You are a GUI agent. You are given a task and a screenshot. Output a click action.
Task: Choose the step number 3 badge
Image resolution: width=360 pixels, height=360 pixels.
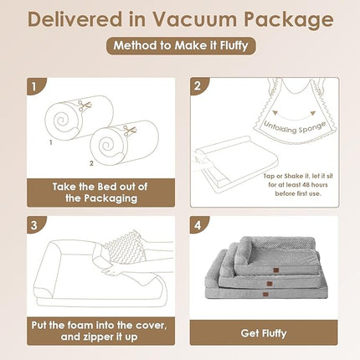click(x=33, y=225)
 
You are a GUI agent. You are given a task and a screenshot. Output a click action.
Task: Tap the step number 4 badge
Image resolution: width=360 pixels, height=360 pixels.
click(x=196, y=225)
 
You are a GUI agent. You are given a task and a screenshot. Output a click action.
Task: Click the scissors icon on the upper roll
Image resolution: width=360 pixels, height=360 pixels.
click(x=85, y=105)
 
